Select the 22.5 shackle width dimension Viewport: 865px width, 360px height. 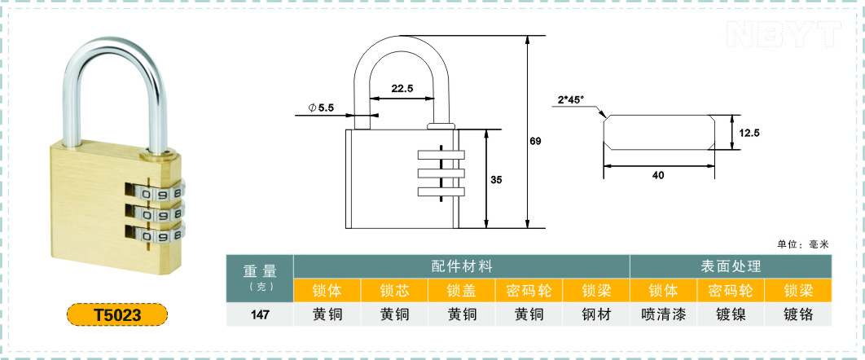click(402, 88)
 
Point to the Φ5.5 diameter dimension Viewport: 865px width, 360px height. click(322, 108)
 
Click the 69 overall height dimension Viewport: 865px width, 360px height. click(535, 141)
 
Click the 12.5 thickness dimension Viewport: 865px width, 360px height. click(749, 132)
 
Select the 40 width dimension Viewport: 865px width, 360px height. click(658, 175)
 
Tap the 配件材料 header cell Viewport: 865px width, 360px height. click(461, 266)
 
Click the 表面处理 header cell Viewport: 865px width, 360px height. click(731, 266)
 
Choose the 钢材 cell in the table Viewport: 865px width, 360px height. click(596, 314)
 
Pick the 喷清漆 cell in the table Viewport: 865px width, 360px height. click(663, 314)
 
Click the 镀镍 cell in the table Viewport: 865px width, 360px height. click(731, 314)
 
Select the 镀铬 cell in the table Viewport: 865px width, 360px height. click(798, 314)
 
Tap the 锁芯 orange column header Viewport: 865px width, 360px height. click(394, 290)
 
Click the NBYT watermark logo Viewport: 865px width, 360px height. click(781, 33)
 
